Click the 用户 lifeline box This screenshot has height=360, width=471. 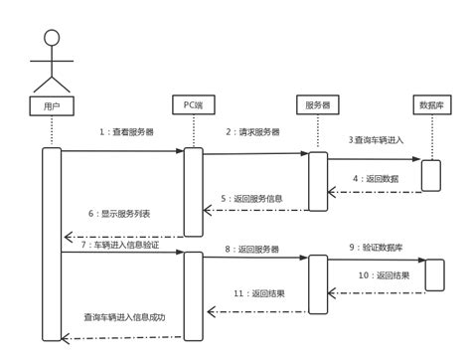tap(52, 103)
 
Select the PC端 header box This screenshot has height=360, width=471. tap(192, 103)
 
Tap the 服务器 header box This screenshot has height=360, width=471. tap(317, 103)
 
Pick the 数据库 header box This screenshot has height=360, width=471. tap(431, 103)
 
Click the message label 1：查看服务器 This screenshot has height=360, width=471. tap(128, 131)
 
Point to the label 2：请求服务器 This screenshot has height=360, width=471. tap(252, 131)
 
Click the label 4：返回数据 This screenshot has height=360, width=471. tap(375, 179)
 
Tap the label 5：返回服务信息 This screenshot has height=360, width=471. tap(251, 199)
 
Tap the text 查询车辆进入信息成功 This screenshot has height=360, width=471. tap(124, 318)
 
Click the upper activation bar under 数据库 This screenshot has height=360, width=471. tap(431, 174)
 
